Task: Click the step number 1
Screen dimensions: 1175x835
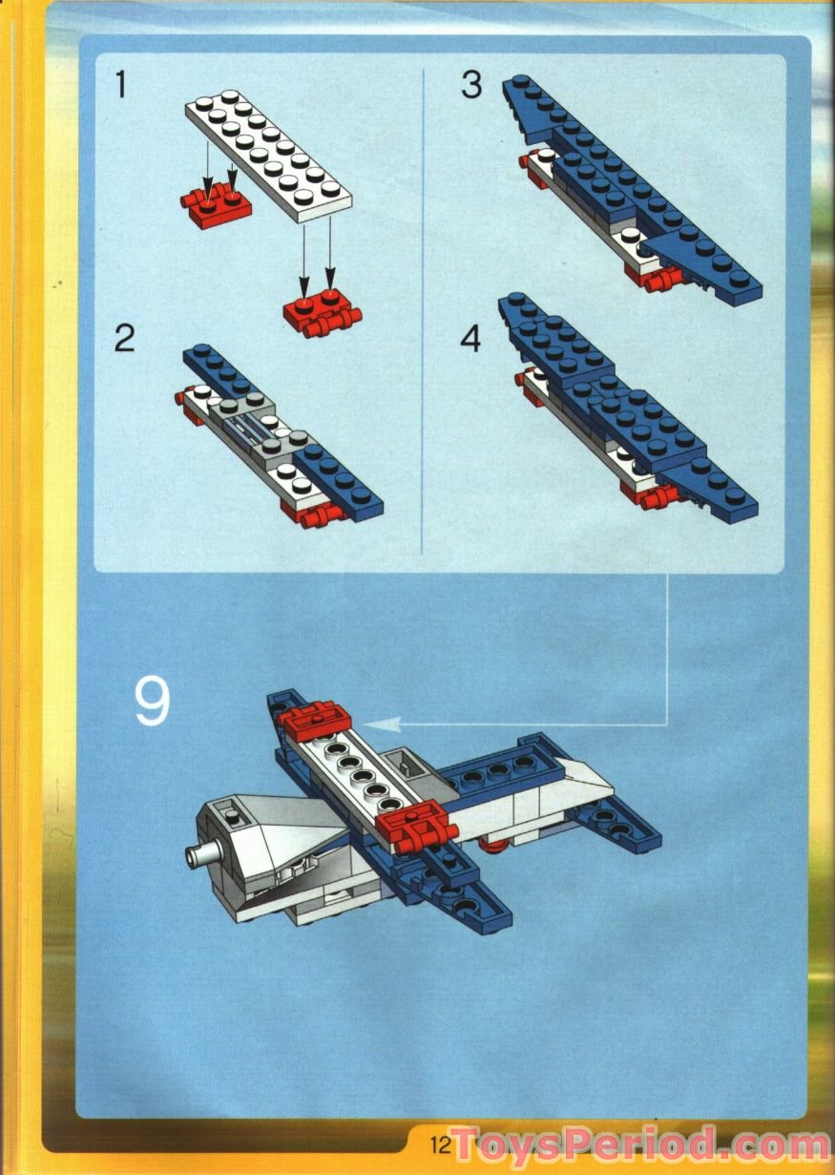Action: pyautogui.click(x=120, y=85)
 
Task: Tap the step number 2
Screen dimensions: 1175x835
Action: pyautogui.click(x=125, y=338)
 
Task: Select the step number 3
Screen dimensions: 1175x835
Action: pyautogui.click(x=471, y=85)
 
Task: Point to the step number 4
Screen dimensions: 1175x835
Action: pyautogui.click(x=471, y=338)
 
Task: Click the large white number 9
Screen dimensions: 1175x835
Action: pyautogui.click(x=152, y=702)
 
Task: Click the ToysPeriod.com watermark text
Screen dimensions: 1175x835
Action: pyautogui.click(x=639, y=1143)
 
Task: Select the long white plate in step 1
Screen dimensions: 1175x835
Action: pyautogui.click(x=268, y=157)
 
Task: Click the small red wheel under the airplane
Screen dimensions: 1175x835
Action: pyautogui.click(x=491, y=845)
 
